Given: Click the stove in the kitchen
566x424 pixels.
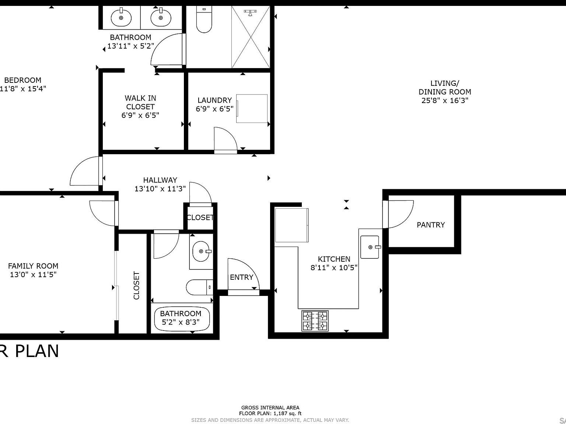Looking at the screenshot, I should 315,321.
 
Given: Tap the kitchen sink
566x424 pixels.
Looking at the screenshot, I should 370,247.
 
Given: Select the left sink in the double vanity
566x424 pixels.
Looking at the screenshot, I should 121,17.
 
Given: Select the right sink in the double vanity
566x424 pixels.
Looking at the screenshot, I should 161,17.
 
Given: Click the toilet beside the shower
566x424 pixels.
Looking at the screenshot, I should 204,20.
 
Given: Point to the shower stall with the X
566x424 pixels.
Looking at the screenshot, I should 251,37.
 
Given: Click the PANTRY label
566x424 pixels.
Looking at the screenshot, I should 430,225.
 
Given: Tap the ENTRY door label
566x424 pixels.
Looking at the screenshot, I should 241,277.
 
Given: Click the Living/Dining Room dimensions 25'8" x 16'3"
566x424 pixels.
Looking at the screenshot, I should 444,100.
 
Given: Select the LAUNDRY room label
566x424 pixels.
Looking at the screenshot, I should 214,100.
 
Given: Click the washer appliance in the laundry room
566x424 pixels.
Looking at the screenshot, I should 252,108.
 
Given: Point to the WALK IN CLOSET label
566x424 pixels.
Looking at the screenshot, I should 140,102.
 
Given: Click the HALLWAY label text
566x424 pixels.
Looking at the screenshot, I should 160,180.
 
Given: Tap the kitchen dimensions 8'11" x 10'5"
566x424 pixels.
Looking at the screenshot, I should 334,268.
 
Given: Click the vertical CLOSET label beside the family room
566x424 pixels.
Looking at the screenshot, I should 136,285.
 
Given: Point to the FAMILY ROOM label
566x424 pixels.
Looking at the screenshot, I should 33,266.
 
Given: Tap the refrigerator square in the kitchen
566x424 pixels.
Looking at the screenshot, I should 291,225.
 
